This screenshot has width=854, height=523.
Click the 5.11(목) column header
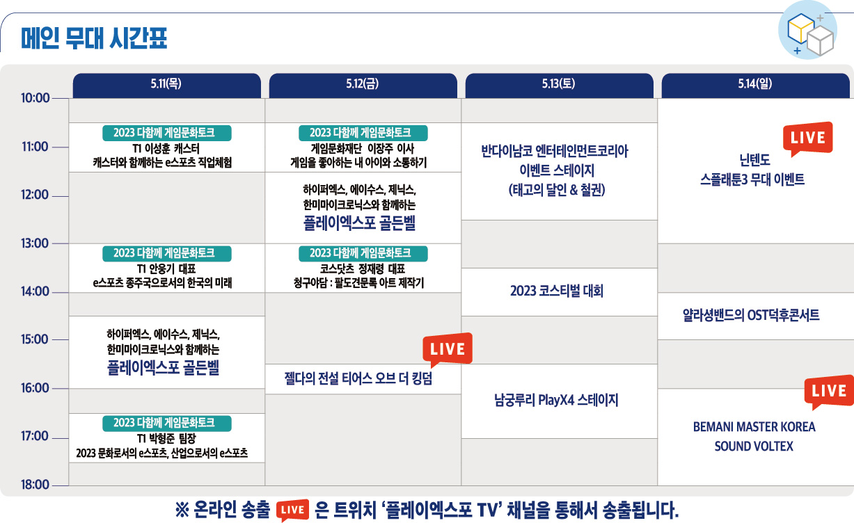[x=166, y=85]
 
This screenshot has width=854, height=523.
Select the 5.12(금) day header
[x=363, y=85]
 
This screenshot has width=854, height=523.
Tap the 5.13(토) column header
[x=559, y=85]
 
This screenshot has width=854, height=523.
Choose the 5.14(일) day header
[x=755, y=85]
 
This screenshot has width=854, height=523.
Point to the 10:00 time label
[x=35, y=98]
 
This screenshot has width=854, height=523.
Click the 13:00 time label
[x=35, y=243]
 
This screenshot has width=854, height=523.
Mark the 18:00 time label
[x=35, y=485]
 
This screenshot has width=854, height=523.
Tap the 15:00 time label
[x=35, y=339]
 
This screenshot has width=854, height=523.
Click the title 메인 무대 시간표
[x=94, y=38]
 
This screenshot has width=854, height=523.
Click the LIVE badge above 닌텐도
[x=807, y=138]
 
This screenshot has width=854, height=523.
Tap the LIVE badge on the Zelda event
[x=448, y=350]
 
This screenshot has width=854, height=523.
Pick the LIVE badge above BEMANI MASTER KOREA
[x=829, y=392]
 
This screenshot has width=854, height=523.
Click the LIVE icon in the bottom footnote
[x=292, y=510]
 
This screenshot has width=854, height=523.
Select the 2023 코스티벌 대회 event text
[x=557, y=291]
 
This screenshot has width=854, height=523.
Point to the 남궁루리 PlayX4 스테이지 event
[x=556, y=401]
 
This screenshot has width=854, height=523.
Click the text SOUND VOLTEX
[x=754, y=446]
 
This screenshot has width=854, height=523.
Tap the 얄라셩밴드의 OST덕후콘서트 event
[x=751, y=316]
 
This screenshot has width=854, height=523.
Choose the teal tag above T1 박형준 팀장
[x=166, y=424]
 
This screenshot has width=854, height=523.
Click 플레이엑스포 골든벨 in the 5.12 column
[x=359, y=223]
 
